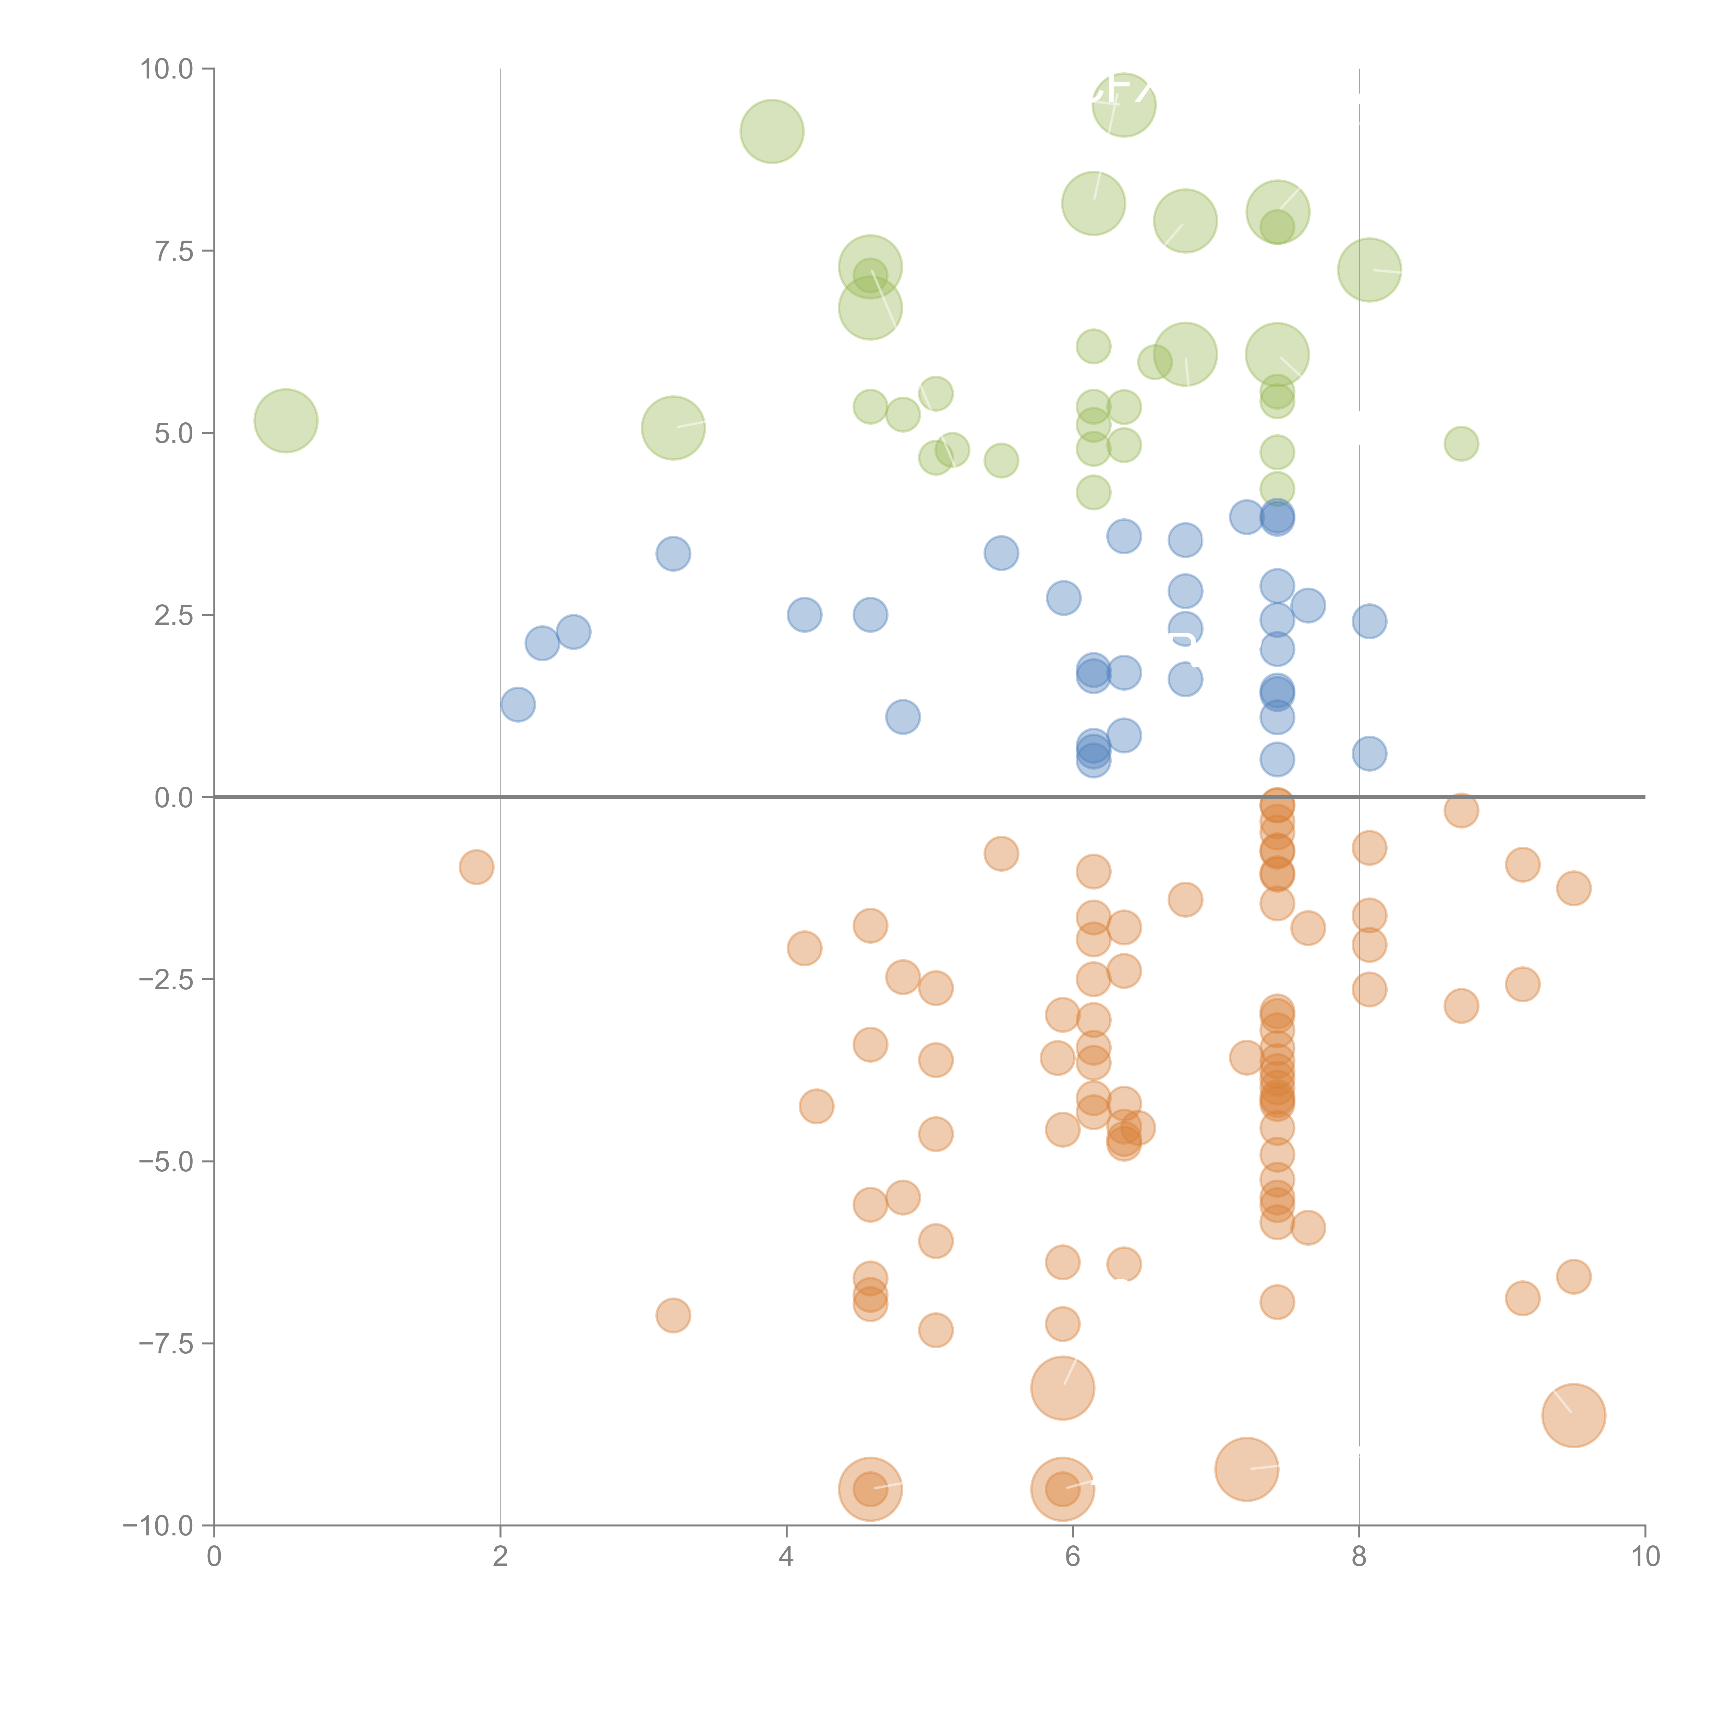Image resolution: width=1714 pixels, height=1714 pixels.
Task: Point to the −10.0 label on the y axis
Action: [158, 1526]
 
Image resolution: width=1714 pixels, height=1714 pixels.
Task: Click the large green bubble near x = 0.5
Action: [286, 421]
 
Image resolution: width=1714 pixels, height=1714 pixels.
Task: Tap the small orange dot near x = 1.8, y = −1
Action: [476, 867]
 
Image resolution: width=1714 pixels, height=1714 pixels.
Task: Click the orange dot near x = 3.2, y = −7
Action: [673, 1315]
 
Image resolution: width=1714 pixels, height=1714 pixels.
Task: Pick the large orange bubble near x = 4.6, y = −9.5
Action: [870, 1489]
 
